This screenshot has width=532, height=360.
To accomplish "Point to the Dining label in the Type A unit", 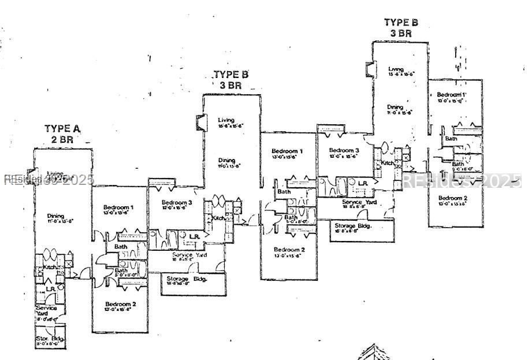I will pyautogui.click(x=57, y=216).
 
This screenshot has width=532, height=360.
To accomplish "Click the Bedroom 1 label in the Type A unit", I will pyautogui.click(x=118, y=207).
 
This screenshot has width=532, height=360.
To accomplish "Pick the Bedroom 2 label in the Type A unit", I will pyautogui.click(x=120, y=304).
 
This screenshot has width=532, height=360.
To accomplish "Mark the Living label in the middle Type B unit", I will pyautogui.click(x=226, y=120).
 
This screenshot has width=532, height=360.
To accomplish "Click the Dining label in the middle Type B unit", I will pyautogui.click(x=226, y=161).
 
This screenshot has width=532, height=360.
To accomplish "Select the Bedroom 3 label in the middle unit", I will pyautogui.click(x=176, y=203).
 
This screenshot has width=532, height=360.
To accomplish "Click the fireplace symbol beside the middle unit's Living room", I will pyautogui.click(x=200, y=123).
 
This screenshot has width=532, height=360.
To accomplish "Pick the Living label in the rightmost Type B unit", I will pyautogui.click(x=396, y=69).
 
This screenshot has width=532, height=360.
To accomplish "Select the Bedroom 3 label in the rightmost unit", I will pyautogui.click(x=344, y=151).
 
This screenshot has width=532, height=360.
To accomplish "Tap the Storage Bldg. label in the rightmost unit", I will pyautogui.click(x=353, y=225).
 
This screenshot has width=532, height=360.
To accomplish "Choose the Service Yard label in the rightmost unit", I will pyautogui.click(x=359, y=202).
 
